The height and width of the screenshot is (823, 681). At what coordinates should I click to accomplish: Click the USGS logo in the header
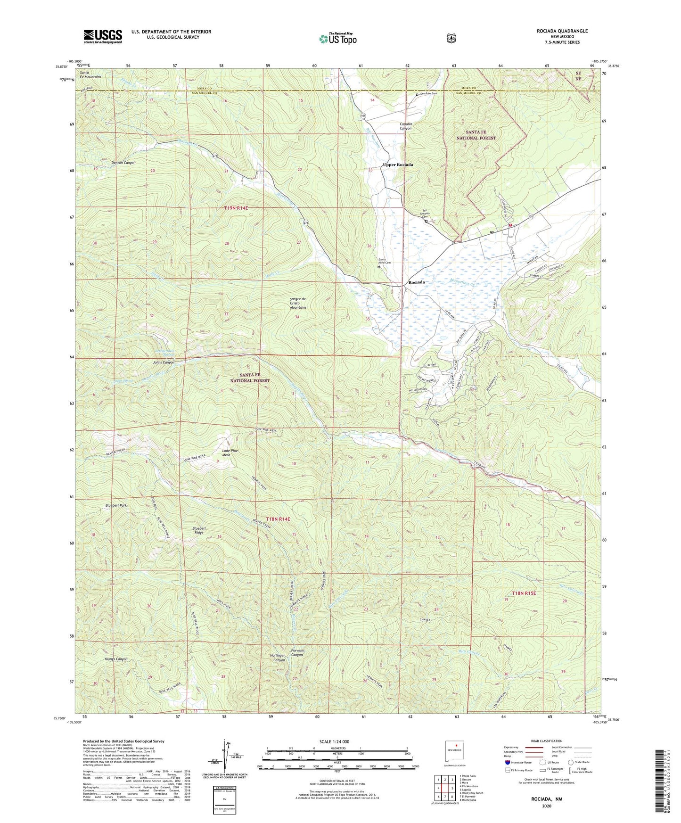(x=103, y=36)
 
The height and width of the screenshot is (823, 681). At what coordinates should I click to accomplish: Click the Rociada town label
(x=417, y=282)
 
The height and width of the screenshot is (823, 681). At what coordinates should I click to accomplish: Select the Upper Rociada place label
(x=398, y=165)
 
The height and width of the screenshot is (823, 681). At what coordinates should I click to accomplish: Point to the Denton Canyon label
(x=123, y=163)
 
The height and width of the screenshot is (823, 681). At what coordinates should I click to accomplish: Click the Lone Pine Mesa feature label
(x=230, y=453)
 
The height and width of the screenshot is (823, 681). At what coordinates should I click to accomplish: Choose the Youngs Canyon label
(x=116, y=659)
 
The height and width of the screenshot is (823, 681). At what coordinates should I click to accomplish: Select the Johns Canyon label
(x=163, y=362)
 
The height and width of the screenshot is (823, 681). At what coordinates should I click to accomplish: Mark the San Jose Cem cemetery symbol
(x=417, y=94)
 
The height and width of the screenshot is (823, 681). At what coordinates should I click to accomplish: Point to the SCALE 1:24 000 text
(x=334, y=741)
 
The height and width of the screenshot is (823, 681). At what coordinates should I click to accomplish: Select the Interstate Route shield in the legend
(x=507, y=762)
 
